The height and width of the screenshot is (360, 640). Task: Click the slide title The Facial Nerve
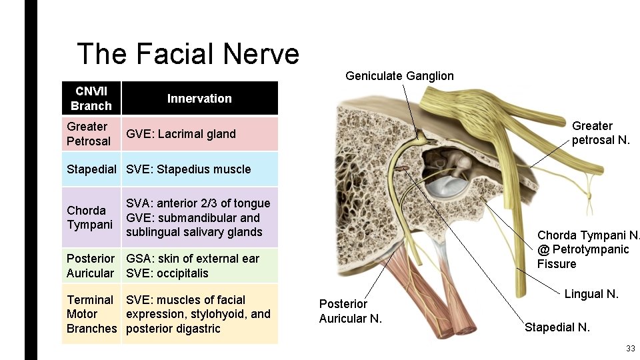click(188, 54)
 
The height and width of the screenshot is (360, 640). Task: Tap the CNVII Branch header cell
click(91, 98)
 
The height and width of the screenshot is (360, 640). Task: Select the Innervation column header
click(199, 99)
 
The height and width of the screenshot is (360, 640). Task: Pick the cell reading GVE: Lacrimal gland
click(181, 134)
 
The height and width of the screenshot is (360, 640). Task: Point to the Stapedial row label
click(91, 169)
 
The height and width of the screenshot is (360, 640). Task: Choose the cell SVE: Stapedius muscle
click(188, 169)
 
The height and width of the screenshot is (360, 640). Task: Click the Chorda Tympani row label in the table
click(90, 217)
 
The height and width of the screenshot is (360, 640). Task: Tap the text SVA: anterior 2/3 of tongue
click(198, 203)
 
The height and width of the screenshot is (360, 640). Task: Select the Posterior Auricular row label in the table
click(91, 265)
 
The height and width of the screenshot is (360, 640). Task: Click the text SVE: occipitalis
click(167, 273)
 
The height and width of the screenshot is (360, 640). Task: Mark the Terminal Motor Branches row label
click(91, 314)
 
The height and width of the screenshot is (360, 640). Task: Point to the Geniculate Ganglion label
click(399, 76)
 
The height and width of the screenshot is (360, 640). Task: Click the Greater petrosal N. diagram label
click(600, 133)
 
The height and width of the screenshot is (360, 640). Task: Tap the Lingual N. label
click(591, 294)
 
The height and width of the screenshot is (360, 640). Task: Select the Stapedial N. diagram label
click(557, 327)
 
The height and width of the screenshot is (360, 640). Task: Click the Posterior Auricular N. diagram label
click(350, 311)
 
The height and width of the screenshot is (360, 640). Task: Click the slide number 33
click(630, 349)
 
